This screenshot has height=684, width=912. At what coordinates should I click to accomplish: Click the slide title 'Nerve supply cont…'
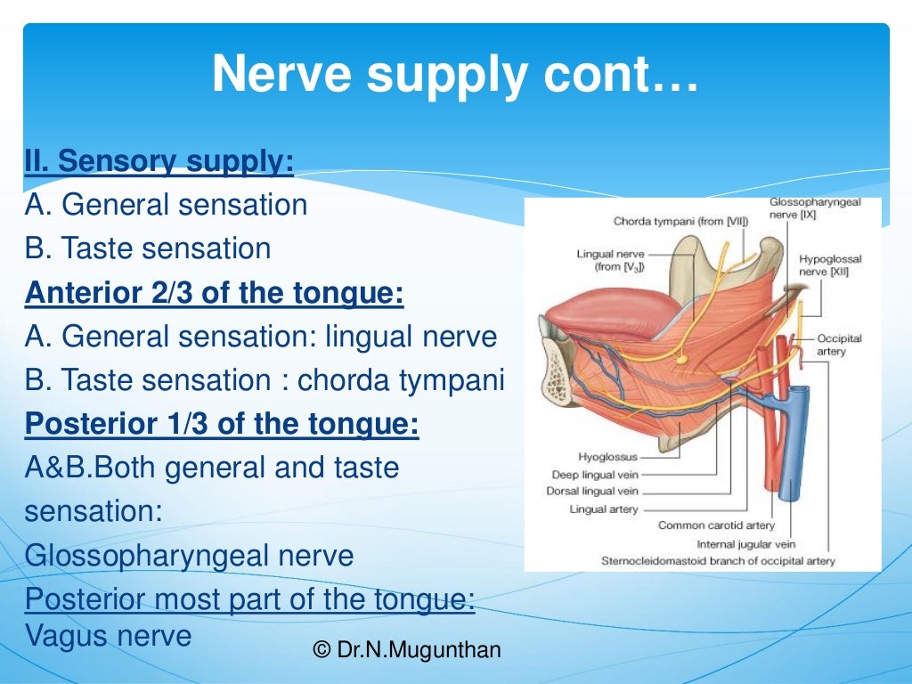[x=455, y=76]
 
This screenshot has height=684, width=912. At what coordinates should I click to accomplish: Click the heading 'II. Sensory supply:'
[x=159, y=161]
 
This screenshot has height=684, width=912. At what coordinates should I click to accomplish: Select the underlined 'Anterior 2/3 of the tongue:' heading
[x=214, y=293]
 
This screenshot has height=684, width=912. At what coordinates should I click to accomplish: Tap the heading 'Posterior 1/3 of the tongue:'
[x=221, y=424]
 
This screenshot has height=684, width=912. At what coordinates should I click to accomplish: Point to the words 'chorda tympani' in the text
[x=401, y=380]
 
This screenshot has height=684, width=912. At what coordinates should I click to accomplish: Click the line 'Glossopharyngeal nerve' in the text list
[x=189, y=556]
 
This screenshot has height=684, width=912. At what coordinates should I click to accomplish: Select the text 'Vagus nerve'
[x=108, y=636]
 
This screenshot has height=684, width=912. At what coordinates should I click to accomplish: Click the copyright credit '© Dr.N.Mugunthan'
[x=407, y=650]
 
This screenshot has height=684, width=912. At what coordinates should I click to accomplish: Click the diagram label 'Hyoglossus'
[x=608, y=457]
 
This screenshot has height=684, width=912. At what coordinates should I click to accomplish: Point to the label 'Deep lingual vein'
[x=594, y=475]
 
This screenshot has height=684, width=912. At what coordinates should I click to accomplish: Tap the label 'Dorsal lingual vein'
[x=592, y=492]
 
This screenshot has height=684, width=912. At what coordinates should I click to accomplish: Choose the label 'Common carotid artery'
[x=715, y=525]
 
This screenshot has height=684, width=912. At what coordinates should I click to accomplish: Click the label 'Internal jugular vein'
[x=745, y=543]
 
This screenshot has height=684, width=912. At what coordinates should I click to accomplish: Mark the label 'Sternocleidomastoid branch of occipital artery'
[x=718, y=561]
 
